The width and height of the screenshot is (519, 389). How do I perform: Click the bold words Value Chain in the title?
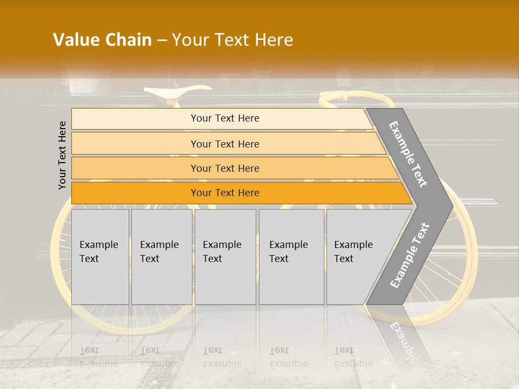pyautogui.click(x=102, y=40)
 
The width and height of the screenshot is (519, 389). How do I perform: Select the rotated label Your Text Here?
pyautogui.click(x=63, y=155)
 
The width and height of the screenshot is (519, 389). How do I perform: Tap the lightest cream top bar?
pyautogui.click(x=135, y=118)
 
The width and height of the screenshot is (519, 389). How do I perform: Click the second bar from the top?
pyautogui.click(x=135, y=144)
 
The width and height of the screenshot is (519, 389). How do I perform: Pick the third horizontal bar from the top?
pyautogui.click(x=135, y=168)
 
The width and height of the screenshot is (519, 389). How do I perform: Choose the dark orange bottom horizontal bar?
pyautogui.click(x=135, y=193)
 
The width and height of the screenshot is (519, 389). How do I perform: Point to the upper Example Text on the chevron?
pyautogui.click(x=409, y=154)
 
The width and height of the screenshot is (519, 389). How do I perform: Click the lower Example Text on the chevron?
pyautogui.click(x=410, y=256)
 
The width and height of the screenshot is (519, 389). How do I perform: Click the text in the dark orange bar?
pyautogui.click(x=225, y=193)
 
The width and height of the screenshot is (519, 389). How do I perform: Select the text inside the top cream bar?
pyautogui.click(x=225, y=118)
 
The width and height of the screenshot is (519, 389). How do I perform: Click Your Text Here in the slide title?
pyautogui.click(x=232, y=40)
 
